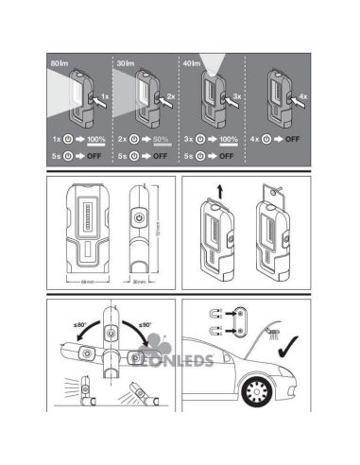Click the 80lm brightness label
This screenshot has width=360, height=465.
59,61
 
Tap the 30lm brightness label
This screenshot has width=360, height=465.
125,61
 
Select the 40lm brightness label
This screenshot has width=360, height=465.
191,61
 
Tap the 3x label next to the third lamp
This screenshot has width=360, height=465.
235,97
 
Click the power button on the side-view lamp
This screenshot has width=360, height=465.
139,216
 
